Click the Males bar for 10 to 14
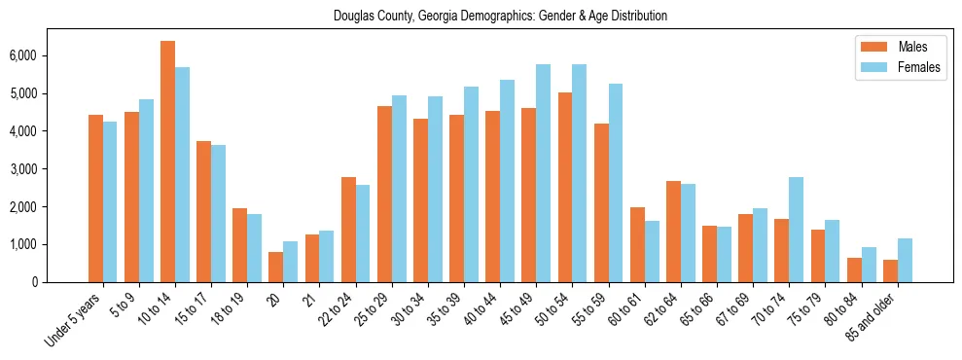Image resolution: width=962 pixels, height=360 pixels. (x=167, y=162)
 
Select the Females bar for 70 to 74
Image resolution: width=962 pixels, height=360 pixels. (x=796, y=230)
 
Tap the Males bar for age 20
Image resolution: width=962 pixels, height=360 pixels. (x=275, y=267)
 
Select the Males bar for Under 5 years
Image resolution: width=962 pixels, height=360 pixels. (x=95, y=198)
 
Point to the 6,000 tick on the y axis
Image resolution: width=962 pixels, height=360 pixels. (x=51, y=55)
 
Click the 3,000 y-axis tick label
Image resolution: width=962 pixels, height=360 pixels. (x=51, y=169)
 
